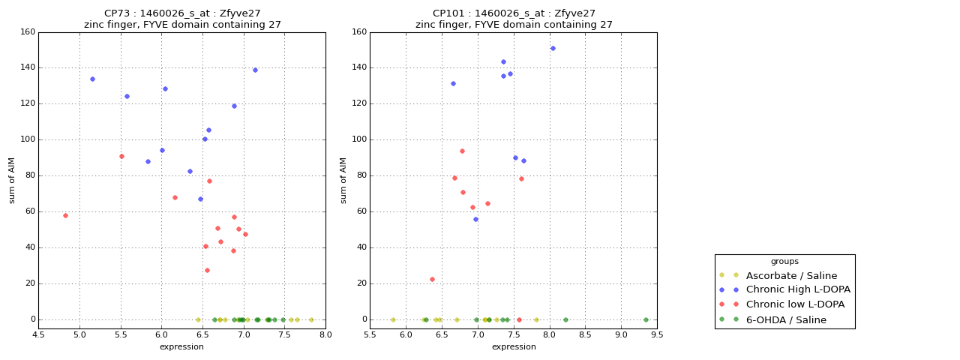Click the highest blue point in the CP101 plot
click(x=553, y=48)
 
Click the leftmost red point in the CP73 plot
click(x=65, y=215)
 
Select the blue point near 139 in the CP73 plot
click(x=255, y=70)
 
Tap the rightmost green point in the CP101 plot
click(x=646, y=319)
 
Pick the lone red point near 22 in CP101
click(x=432, y=279)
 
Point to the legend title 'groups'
click(x=784, y=261)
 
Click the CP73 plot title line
click(x=182, y=13)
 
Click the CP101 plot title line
click(x=514, y=13)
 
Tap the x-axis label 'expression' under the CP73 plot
click(x=181, y=346)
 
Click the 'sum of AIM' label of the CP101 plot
click(x=343, y=180)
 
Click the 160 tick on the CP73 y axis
click(x=28, y=31)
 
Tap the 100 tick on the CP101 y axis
click(x=359, y=139)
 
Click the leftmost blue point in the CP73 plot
click(x=92, y=79)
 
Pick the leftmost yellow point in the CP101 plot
click(x=393, y=319)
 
